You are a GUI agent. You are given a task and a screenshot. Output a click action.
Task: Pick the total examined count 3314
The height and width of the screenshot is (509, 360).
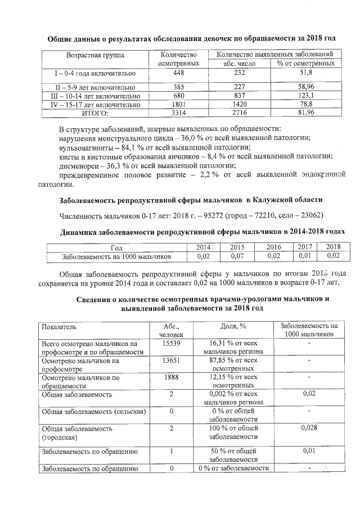pyautogui.click(x=179, y=113)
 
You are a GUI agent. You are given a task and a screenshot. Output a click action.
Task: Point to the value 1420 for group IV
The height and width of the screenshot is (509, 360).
pyautogui.click(x=239, y=105)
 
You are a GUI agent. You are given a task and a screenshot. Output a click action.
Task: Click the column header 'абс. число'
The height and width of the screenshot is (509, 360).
pyautogui.click(x=239, y=64)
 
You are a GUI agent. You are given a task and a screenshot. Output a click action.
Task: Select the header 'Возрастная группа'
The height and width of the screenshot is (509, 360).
pyautogui.click(x=95, y=55)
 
